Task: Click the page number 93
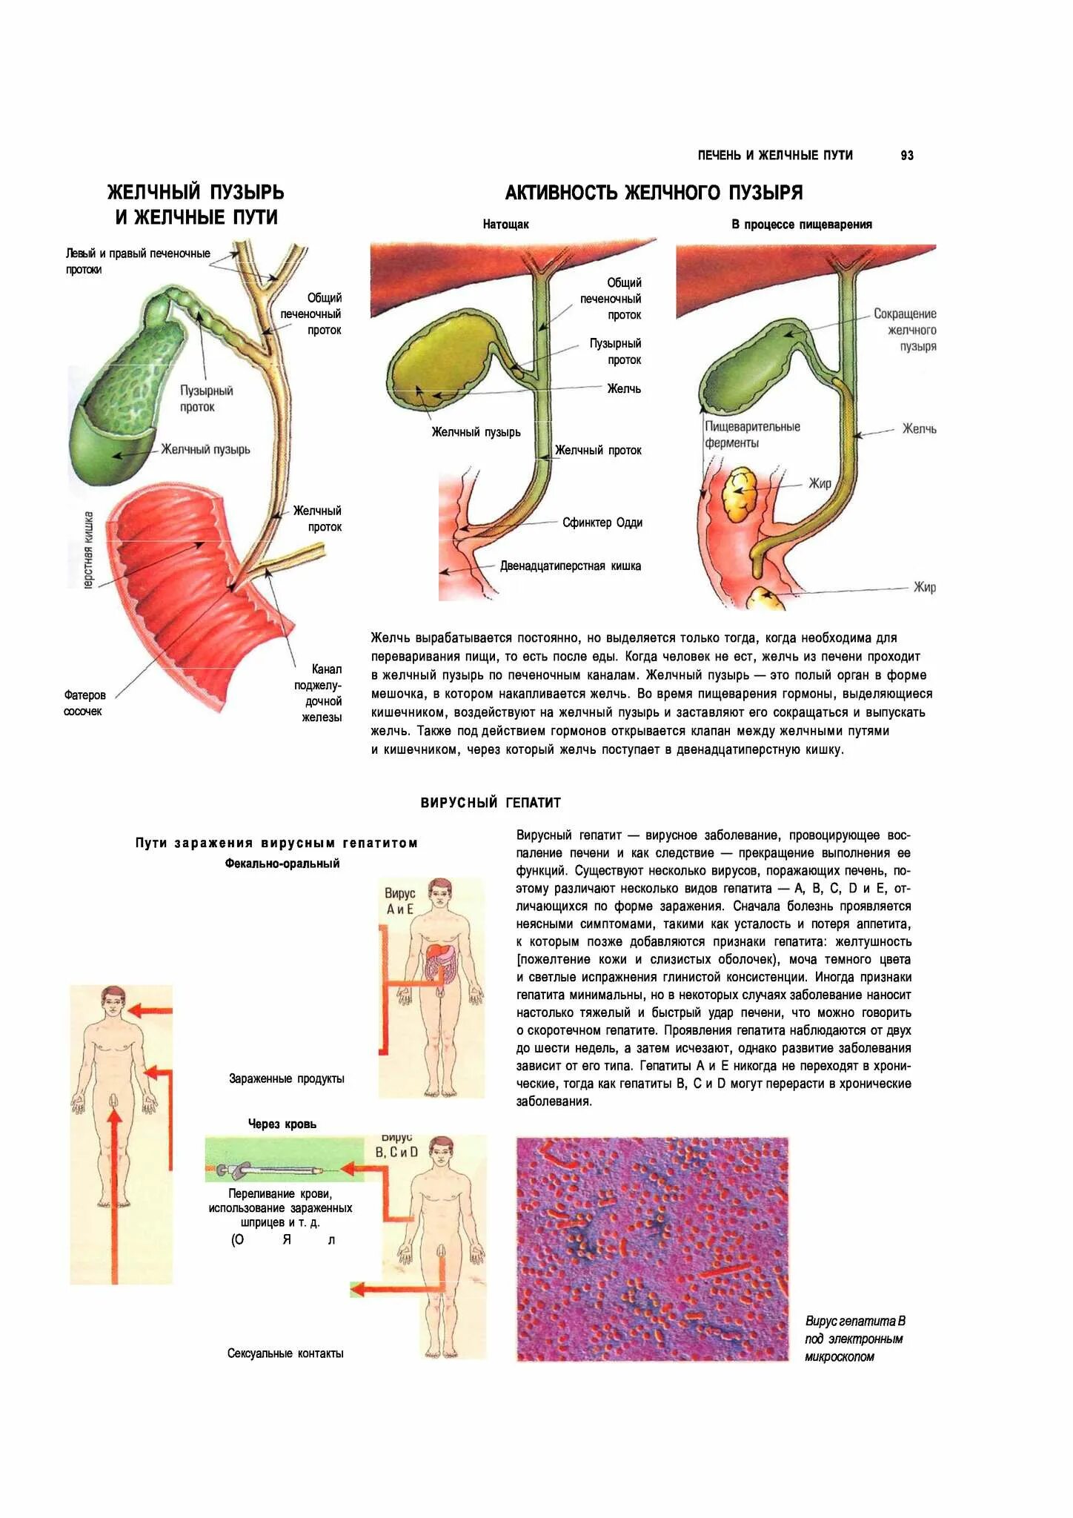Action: tap(906, 156)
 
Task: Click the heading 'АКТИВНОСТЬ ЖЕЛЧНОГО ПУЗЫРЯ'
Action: tap(654, 193)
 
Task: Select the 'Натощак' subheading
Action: tap(505, 225)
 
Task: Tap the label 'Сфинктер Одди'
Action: tap(602, 523)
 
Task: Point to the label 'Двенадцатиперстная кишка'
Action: tap(570, 566)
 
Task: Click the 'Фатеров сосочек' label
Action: tap(84, 703)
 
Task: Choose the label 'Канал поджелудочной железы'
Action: tap(322, 692)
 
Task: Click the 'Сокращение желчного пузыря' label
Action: tap(911, 330)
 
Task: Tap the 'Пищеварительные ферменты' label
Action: tap(751, 435)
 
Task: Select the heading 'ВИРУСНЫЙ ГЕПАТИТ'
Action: tap(491, 803)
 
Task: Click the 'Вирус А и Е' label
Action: tap(399, 901)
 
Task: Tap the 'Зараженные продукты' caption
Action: tap(286, 1079)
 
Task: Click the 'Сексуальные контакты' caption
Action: tap(285, 1353)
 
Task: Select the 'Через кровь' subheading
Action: tap(282, 1124)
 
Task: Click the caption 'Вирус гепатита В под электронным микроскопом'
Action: tap(854, 1339)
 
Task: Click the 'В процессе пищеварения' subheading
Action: tap(801, 225)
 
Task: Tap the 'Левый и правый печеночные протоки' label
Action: tap(137, 261)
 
